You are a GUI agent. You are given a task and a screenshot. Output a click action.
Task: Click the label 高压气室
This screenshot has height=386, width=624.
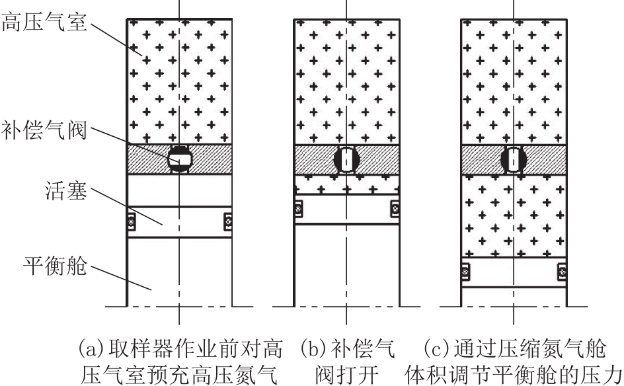(44, 22)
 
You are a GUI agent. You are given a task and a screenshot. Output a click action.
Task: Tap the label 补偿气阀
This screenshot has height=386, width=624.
(44, 130)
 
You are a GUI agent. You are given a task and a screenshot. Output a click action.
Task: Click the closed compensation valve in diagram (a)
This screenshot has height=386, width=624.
(180, 159)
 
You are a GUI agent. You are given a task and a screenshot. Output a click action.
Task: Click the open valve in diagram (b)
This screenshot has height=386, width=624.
(346, 159)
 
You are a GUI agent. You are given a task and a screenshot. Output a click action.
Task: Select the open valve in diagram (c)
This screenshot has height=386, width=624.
(514, 159)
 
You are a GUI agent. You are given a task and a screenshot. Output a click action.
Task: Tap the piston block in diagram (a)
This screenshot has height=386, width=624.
(180, 221)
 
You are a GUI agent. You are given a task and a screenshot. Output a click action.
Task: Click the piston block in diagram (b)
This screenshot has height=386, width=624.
(346, 210)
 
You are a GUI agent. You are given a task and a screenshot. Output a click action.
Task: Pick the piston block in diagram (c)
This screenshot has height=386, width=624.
(514, 272)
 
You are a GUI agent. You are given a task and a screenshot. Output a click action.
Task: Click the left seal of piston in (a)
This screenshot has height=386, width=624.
(132, 221)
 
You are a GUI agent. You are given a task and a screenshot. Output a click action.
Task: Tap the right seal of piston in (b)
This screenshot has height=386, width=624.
(395, 209)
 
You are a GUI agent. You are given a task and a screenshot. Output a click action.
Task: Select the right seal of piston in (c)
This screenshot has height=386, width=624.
(562, 272)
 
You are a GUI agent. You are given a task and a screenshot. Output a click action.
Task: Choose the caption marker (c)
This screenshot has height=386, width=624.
(436, 348)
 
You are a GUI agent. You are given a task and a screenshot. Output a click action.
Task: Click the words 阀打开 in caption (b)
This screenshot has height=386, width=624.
(346, 375)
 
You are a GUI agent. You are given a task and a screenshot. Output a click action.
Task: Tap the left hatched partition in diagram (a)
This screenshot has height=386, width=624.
(148, 159)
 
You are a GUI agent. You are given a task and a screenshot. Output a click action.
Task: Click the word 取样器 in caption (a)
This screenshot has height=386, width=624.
(141, 348)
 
